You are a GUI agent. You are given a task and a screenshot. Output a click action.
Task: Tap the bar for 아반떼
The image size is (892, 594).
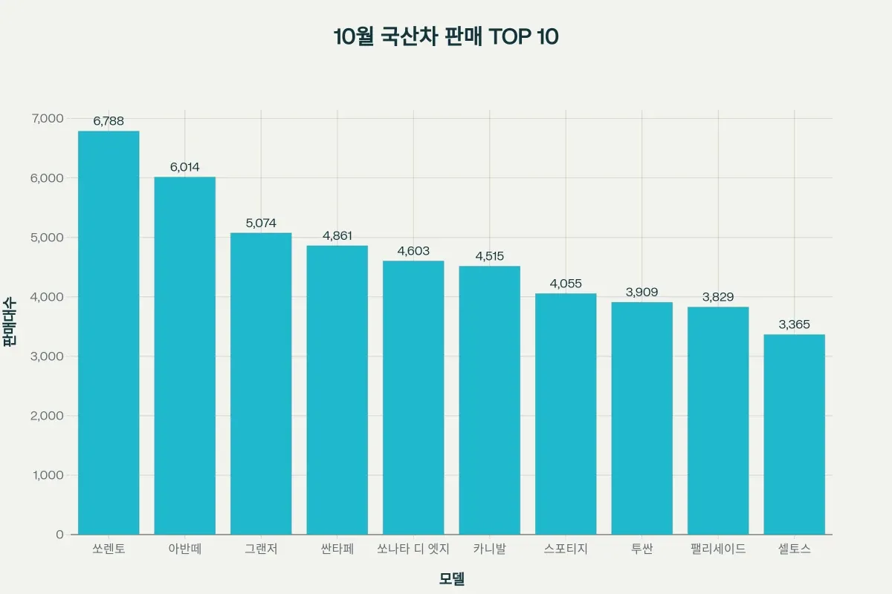coord(185,356)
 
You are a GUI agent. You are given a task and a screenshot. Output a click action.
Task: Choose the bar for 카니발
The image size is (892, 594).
coord(490,400)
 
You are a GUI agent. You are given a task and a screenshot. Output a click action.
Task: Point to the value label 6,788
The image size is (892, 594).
coord(109,121)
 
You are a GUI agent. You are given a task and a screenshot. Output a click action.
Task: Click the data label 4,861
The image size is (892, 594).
coord(337,235)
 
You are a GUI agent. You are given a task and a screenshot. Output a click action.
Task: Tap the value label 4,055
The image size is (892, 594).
coord(566,284)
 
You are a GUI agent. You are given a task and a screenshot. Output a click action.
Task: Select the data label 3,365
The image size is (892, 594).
coord(794,324)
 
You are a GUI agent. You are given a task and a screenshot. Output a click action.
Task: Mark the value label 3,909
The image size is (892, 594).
coord(642,292)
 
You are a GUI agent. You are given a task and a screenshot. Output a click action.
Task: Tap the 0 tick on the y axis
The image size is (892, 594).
coord(59,535)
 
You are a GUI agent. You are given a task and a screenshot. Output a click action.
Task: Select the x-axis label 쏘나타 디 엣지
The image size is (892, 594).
coord(413,549)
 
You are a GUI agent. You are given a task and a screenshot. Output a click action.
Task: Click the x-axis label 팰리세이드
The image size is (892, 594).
coord(718,549)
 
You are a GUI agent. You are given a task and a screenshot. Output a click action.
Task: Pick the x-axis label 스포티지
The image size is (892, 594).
coord(566,549)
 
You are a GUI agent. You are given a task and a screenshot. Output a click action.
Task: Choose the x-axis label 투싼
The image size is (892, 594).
coord(642,549)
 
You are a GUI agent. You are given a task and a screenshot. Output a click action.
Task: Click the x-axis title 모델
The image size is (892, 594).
coord(452,578)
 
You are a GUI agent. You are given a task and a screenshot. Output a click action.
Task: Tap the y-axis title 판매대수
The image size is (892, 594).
coord(10,323)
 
